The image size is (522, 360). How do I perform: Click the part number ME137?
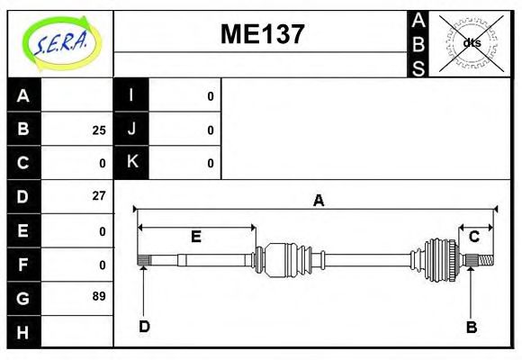point(263,35)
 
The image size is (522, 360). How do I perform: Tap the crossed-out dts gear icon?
point(472,42)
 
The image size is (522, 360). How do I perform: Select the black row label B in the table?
point(23,130)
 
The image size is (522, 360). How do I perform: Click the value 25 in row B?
point(98,130)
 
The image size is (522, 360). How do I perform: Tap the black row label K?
point(131,163)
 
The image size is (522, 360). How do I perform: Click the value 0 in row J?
point(211,130)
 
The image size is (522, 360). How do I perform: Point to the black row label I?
point(131,96)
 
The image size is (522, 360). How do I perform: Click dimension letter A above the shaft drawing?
point(318,201)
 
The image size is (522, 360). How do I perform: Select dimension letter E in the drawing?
point(195,237)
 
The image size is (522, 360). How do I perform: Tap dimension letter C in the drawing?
point(474,237)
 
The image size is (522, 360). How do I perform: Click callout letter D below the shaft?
point(144,326)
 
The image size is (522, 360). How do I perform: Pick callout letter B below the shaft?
point(471,327)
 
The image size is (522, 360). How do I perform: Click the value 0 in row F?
point(103,265)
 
